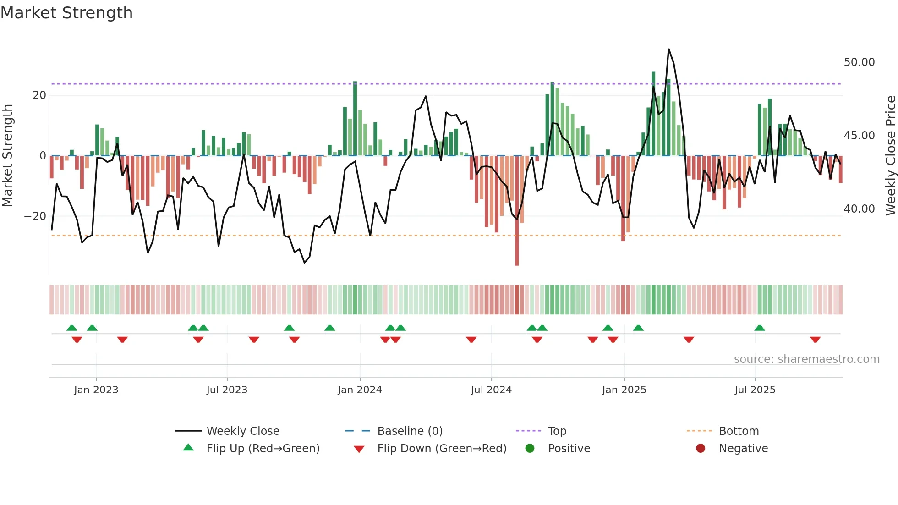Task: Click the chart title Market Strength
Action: point(67,13)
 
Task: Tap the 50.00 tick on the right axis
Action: point(859,62)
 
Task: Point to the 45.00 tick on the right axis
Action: point(859,136)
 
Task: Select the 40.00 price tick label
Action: point(859,209)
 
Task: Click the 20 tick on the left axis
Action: point(39,95)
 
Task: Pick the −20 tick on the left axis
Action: point(35,216)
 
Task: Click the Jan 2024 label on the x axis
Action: point(360,390)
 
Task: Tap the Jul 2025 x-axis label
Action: point(755,390)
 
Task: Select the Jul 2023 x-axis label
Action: point(227,390)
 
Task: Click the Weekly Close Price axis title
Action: point(890,156)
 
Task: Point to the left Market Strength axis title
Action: point(7,156)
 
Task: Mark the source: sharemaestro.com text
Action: point(806,359)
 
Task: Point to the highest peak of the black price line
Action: point(668,49)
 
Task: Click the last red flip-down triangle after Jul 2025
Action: point(815,340)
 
